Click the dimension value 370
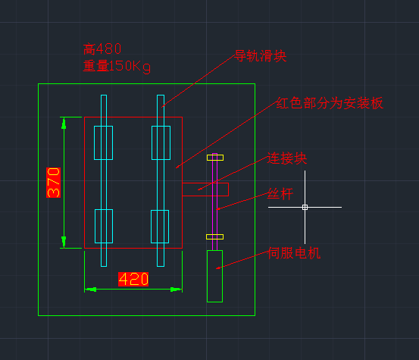tap(54, 183)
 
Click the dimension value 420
tap(133, 279)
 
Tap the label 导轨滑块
tap(261, 56)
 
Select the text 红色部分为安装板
tap(330, 103)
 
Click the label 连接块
tap(287, 158)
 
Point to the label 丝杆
tap(280, 194)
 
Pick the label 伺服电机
tap(294, 253)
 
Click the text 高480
tap(102, 49)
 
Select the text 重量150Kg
tap(117, 66)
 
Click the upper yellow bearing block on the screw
tap(215, 158)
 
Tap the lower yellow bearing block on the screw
tap(215, 236)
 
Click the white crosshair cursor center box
tap(305, 207)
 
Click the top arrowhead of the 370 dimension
tap(64, 124)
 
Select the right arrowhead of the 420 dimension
tap(176, 290)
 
